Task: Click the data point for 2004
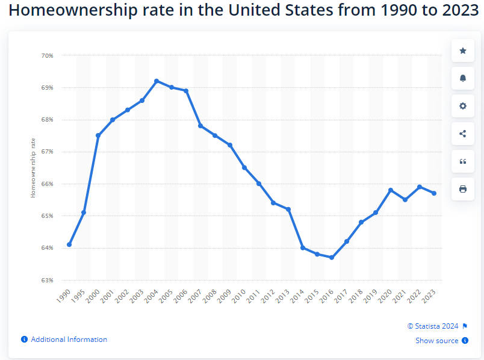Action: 157,81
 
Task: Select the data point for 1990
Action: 69,244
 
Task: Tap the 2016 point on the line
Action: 332,257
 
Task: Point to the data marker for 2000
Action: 98,135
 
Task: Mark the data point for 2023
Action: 434,193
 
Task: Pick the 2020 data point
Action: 391,190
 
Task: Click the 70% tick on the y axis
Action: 48,55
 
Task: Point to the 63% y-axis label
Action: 48,280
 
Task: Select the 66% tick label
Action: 48,184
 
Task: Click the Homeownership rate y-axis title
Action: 33,167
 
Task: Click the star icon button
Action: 462,51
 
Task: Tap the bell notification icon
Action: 462,78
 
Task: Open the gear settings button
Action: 462,106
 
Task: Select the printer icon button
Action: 462,189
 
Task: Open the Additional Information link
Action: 69,340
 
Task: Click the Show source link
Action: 437,341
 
